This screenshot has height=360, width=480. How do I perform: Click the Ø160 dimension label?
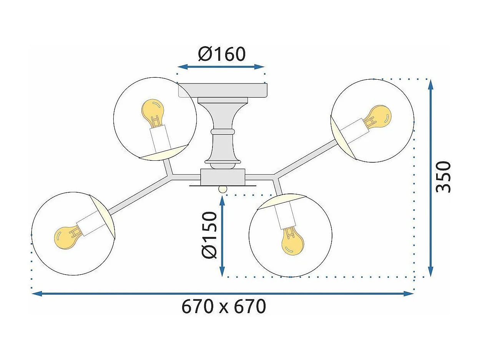point(222,54)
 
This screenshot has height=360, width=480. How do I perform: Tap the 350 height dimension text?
point(443,177)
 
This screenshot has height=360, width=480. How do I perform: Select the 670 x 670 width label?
point(223,307)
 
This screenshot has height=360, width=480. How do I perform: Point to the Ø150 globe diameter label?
point(209,235)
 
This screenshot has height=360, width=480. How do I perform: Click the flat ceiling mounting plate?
point(223,90)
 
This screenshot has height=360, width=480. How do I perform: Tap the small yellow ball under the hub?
point(223,189)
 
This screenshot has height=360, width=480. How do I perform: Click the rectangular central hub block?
point(223,177)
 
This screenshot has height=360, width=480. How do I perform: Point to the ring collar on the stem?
point(223,132)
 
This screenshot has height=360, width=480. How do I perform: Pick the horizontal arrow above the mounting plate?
point(221,67)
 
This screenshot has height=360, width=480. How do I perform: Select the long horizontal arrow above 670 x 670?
point(223,294)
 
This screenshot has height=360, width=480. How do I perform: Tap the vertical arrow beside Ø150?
point(222,235)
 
